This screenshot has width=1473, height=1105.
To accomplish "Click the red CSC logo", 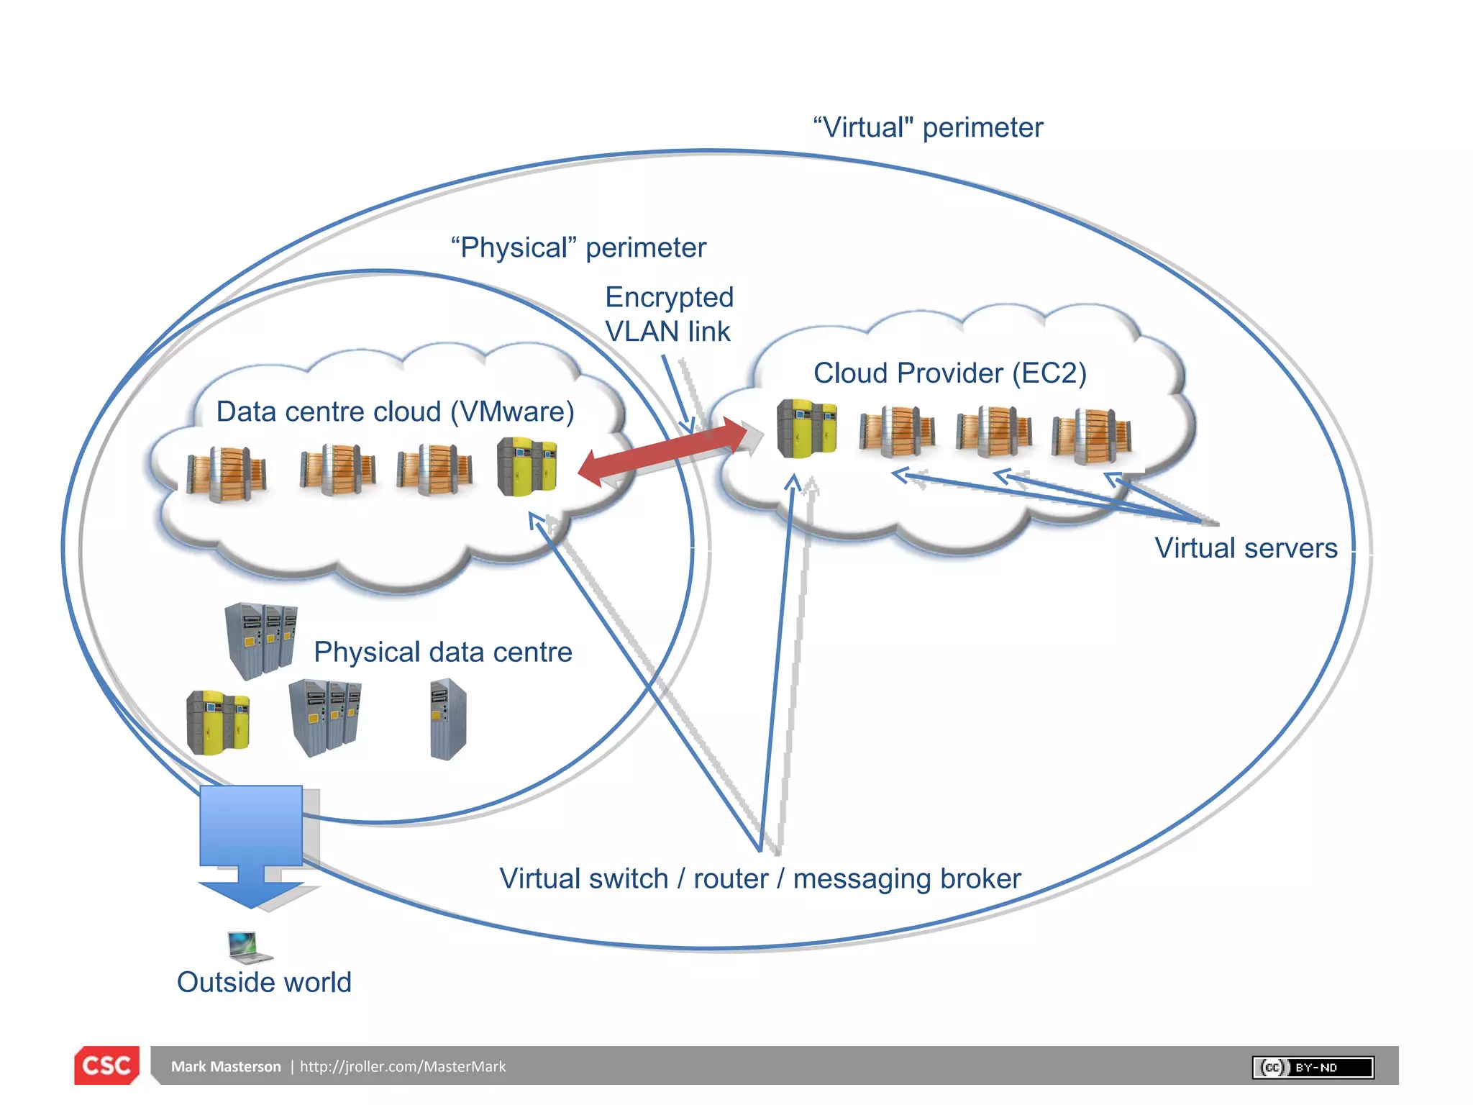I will click(x=106, y=1065).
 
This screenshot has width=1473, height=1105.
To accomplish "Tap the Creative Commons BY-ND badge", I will click(x=1313, y=1067).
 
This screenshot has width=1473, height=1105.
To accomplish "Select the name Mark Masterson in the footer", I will click(x=226, y=1066).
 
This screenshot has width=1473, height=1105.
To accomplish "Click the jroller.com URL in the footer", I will click(x=403, y=1066).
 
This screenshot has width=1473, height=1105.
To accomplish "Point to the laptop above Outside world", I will click(x=248, y=946).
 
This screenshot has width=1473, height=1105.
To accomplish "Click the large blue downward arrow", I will click(x=251, y=842).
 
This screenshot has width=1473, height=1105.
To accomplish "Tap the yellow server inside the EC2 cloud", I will click(x=806, y=429).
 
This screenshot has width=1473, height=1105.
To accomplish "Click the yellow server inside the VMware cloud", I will click(x=526, y=467).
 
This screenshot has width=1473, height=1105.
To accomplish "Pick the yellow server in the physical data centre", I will click(x=218, y=722).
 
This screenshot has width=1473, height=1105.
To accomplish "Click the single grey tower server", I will click(x=448, y=720).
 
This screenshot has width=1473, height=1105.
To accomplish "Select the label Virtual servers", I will click(x=1246, y=548).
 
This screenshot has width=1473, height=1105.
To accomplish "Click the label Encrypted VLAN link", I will click(x=669, y=314).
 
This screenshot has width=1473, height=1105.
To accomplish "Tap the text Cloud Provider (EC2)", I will click(x=949, y=373).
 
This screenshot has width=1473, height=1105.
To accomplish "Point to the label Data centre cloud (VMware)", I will click(x=395, y=411).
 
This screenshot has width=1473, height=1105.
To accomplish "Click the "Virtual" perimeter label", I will click(x=928, y=127).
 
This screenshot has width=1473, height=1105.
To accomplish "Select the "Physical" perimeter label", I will click(x=578, y=247).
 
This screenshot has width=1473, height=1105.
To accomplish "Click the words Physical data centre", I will click(x=442, y=652).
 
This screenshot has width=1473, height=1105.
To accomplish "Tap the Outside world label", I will click(x=264, y=982).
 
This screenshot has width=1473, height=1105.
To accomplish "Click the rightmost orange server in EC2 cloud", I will click(x=1091, y=435).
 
